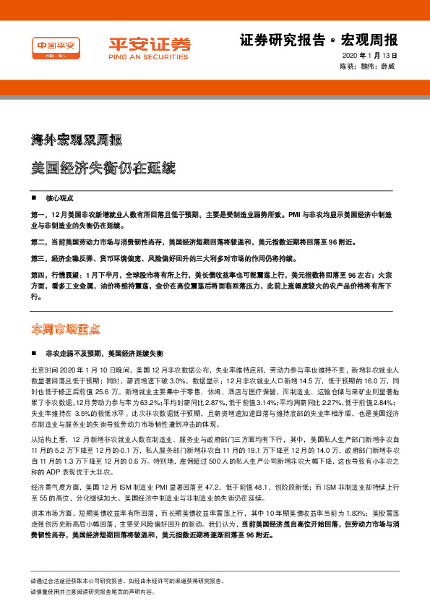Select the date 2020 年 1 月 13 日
click(369, 56)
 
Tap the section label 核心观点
click(61, 197)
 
